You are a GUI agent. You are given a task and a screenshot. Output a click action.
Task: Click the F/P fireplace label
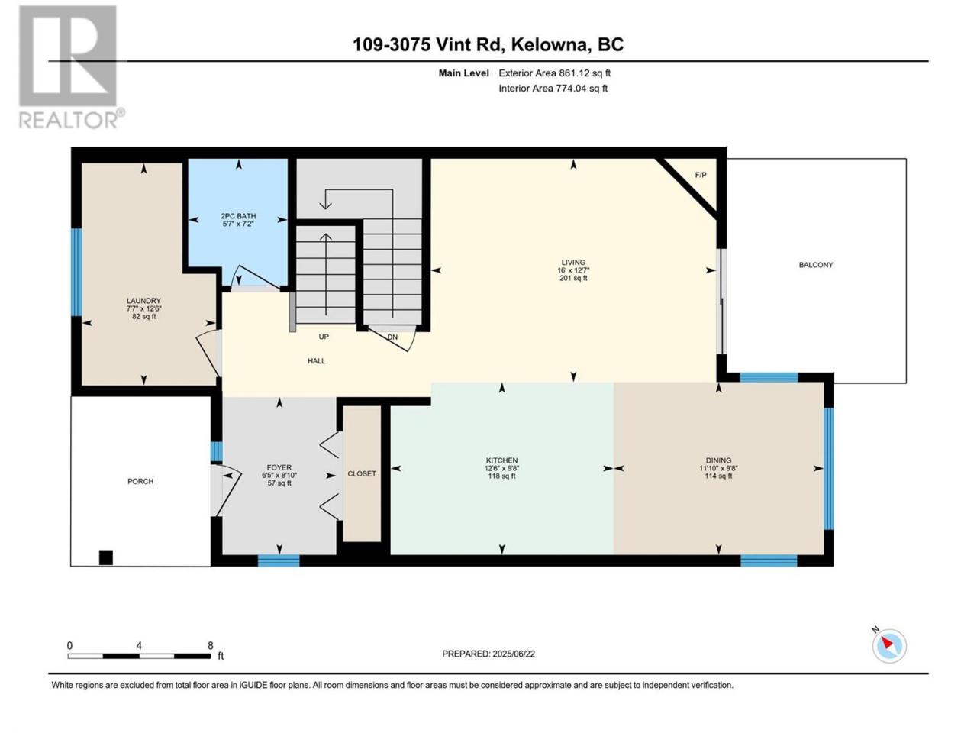[x=700, y=175]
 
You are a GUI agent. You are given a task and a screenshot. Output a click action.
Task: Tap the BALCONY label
[x=815, y=265]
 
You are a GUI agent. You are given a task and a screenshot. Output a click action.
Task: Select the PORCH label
[x=140, y=481]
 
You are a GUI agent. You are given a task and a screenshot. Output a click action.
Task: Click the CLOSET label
[x=362, y=473]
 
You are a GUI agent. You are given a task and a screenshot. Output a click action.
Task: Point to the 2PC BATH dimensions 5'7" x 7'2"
[x=238, y=224]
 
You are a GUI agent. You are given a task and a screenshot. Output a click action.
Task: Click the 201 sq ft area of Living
[x=573, y=278]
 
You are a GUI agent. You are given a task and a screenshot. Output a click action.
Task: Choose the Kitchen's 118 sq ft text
[x=501, y=476]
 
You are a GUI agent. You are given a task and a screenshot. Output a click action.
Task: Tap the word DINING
[x=718, y=460]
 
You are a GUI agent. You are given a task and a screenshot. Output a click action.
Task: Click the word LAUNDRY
[x=143, y=300]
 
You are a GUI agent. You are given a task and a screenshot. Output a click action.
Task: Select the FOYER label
[x=279, y=467]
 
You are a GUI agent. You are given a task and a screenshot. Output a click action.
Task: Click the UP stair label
[x=324, y=337]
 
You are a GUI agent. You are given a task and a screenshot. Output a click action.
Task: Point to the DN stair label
[x=392, y=337]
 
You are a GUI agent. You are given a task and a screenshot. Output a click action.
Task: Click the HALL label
[x=316, y=360]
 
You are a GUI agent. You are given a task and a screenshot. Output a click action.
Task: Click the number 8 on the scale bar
[x=210, y=645]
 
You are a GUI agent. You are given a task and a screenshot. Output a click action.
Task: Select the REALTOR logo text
[x=68, y=119]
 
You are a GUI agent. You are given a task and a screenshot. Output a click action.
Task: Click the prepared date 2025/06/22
[x=513, y=654]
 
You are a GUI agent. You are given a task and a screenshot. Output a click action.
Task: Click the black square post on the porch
[x=105, y=557]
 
